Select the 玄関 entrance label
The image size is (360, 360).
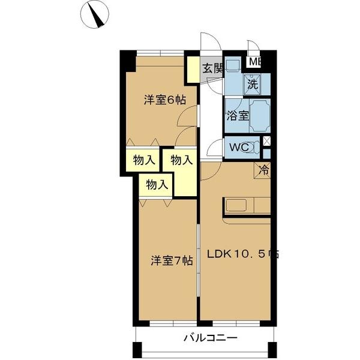pos(211,68)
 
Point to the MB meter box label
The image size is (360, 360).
pos(254,61)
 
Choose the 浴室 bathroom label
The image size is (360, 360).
pos(236,116)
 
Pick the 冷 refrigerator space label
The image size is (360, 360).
pos(264,170)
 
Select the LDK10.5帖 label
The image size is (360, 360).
pos(242,253)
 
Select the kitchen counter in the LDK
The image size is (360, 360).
pos(247,205)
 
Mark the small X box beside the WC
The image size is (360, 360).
pos(267,142)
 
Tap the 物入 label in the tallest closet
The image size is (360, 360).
pos(181,160)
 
